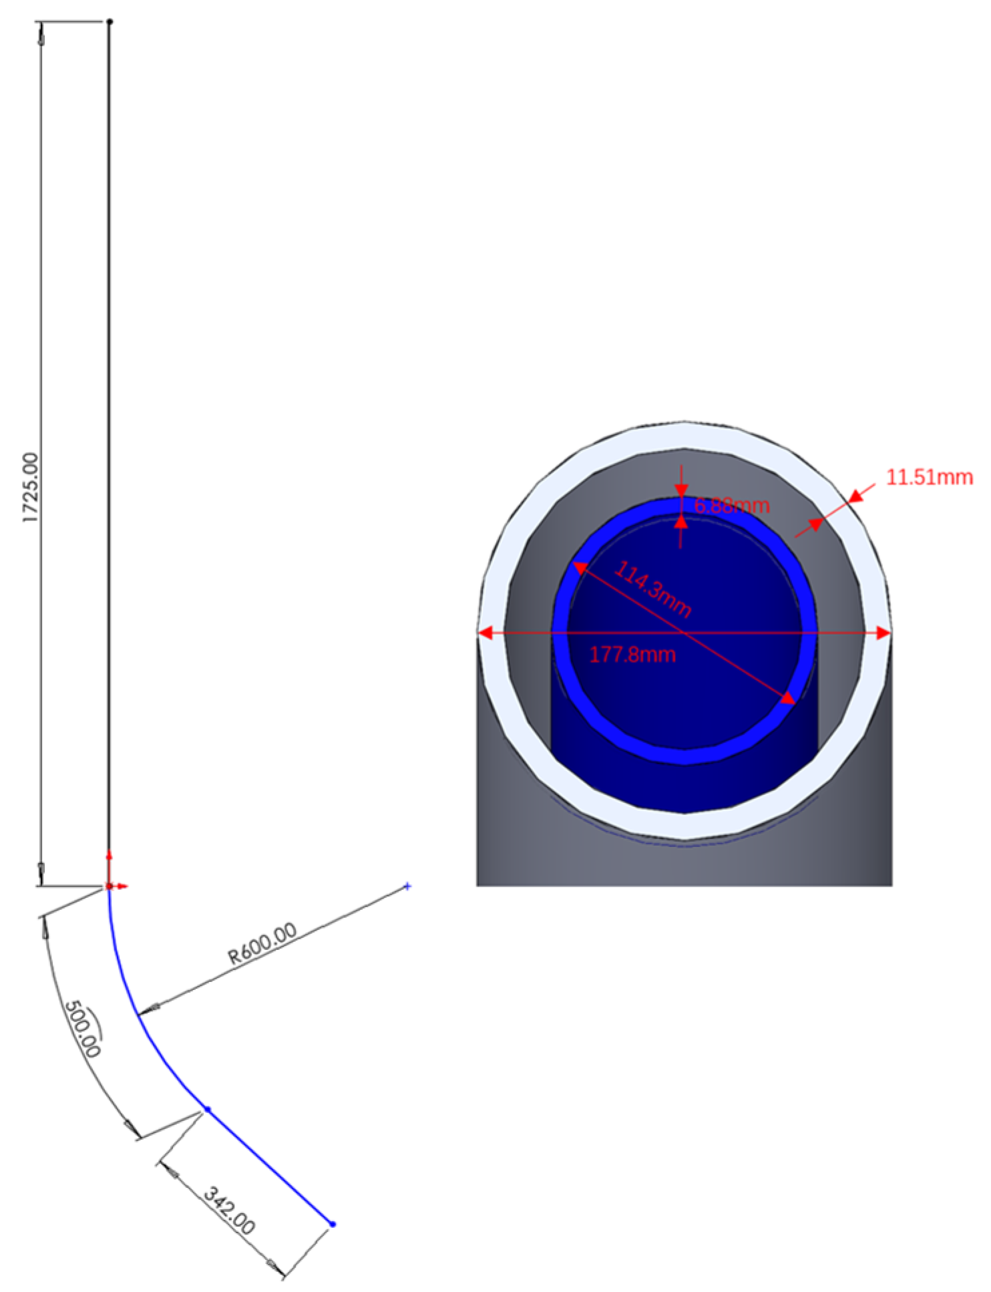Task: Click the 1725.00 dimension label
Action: [31, 488]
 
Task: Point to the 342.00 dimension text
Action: [229, 1210]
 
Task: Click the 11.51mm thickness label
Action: [929, 477]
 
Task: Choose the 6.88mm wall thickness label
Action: [732, 506]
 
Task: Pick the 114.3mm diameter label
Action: [652, 589]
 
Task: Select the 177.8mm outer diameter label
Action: [632, 654]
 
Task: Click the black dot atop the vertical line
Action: [110, 21]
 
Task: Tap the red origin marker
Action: [110, 886]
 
